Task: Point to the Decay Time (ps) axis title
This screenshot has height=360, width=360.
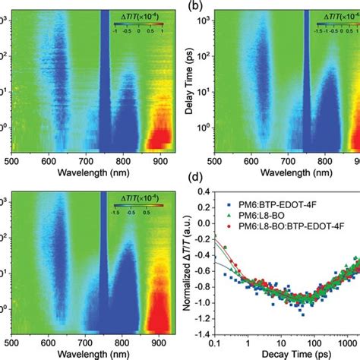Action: click(286, 354)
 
